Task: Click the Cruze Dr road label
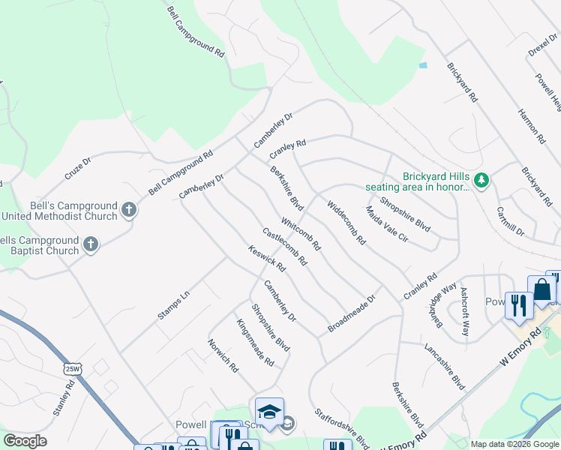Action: point(77,168)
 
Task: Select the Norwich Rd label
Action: point(223,355)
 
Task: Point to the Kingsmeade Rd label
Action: point(255,343)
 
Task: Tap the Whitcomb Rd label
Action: point(301,233)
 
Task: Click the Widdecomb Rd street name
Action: point(346,223)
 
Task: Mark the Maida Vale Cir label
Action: point(386,224)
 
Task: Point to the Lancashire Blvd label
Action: point(445,367)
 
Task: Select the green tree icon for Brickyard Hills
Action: point(481,180)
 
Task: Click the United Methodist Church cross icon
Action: point(129,209)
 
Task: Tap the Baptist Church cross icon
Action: point(91,244)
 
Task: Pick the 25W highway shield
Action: point(71,369)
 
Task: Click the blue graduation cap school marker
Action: point(268,411)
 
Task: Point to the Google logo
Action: point(25,441)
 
